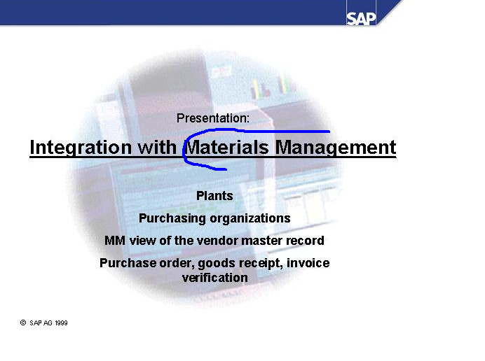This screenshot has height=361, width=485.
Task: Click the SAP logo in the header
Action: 361,19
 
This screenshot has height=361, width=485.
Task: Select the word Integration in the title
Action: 81,148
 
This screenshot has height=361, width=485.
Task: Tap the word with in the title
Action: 157,148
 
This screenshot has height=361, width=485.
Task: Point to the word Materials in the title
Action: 227,148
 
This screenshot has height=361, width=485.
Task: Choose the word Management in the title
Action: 336,148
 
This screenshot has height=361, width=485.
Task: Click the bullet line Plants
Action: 214,196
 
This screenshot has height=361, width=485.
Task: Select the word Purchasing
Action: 172,219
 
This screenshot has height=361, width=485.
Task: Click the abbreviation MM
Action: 115,241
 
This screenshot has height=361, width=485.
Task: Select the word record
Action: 305,241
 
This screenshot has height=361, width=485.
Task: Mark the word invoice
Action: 308,263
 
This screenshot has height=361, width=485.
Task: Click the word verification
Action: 215,278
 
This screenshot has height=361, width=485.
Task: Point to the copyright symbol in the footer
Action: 23,323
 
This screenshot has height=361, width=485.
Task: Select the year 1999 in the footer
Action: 61,323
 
